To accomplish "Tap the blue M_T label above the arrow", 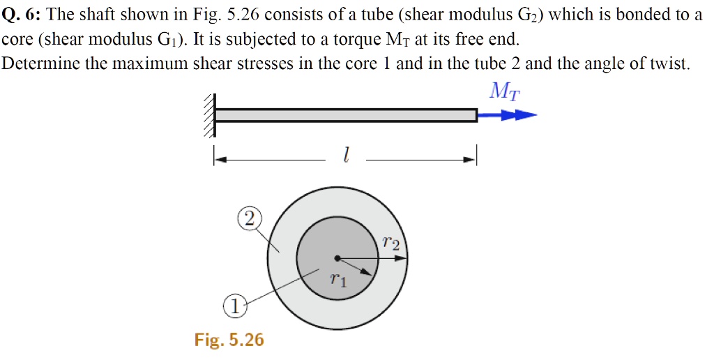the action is coord(505,91).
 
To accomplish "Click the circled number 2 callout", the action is coord(249,220).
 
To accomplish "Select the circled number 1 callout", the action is coord(235,306).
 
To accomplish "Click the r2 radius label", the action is coord(391,243).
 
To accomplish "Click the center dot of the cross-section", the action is coord(337,258).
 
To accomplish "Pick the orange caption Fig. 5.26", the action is coord(229,340).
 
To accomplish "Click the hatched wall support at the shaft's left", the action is coord(208,115).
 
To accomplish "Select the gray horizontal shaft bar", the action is coord(346,115).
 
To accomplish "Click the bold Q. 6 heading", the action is coord(21,15).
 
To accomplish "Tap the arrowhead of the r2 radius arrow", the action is coord(402,258).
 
